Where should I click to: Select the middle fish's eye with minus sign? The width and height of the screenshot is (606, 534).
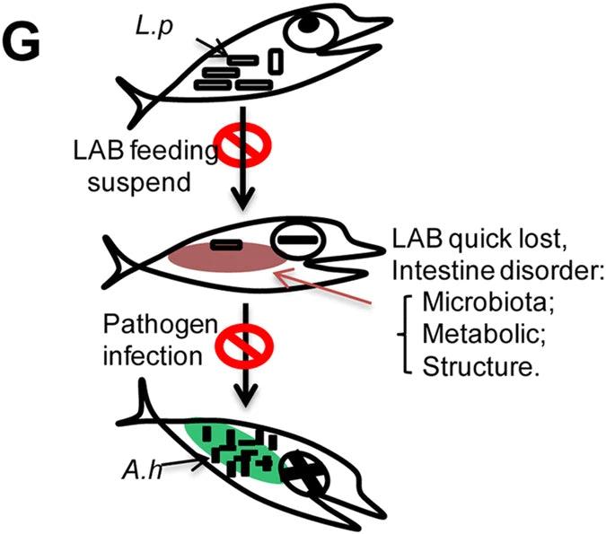(294, 240)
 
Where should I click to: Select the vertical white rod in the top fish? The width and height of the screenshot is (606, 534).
(276, 62)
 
